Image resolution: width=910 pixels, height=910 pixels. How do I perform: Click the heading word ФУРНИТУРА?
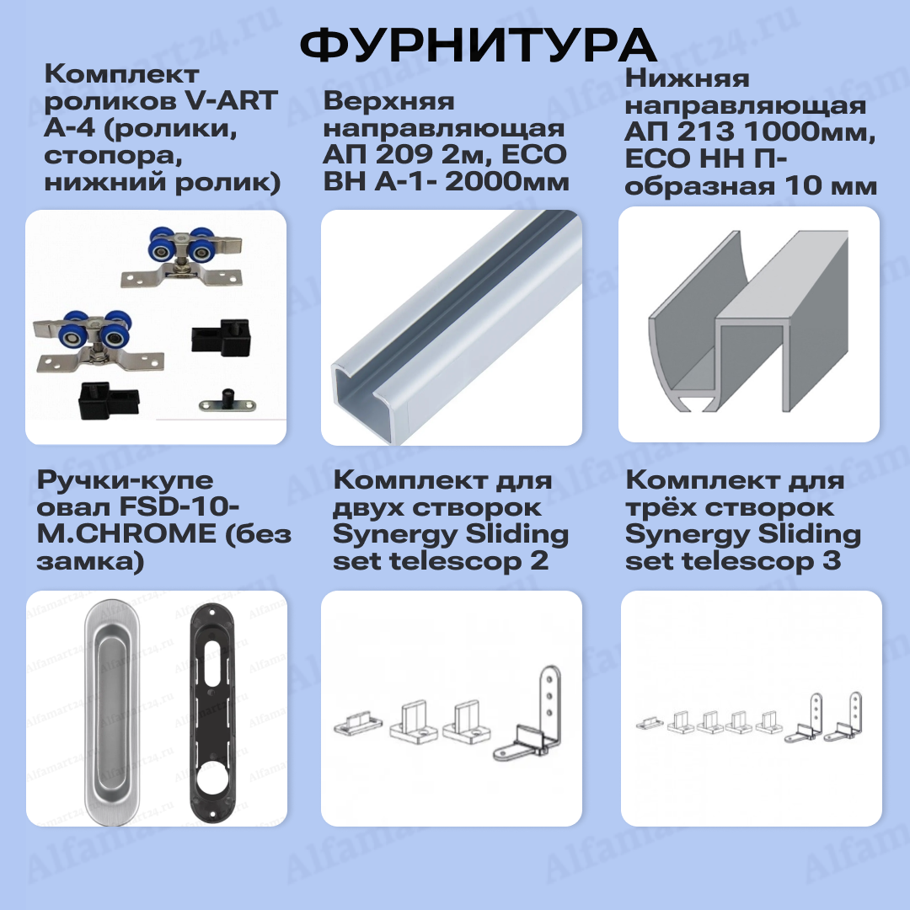pyautogui.click(x=478, y=45)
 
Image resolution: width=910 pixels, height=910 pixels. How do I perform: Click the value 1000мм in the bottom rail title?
pyautogui.click(x=809, y=131)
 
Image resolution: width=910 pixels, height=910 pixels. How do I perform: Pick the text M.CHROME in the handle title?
pyautogui.click(x=126, y=534)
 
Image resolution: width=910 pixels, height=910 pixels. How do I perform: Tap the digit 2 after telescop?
pyautogui.click(x=540, y=561)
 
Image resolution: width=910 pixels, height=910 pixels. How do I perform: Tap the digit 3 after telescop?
pyautogui.click(x=832, y=561)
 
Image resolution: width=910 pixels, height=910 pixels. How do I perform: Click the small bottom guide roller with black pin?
pyautogui.click(x=219, y=400)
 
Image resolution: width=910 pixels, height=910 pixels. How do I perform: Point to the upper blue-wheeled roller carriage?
pyautogui.click(x=182, y=256)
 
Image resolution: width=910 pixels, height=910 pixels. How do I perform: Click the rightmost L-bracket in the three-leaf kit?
pyautogui.click(x=848, y=716)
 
